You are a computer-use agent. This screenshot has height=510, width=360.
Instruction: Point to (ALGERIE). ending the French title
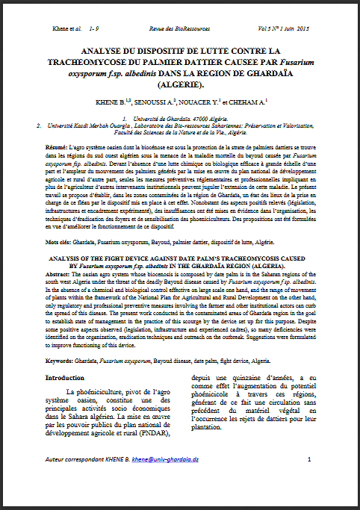(179, 87)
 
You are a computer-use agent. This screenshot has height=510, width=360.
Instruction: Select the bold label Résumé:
(55, 149)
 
